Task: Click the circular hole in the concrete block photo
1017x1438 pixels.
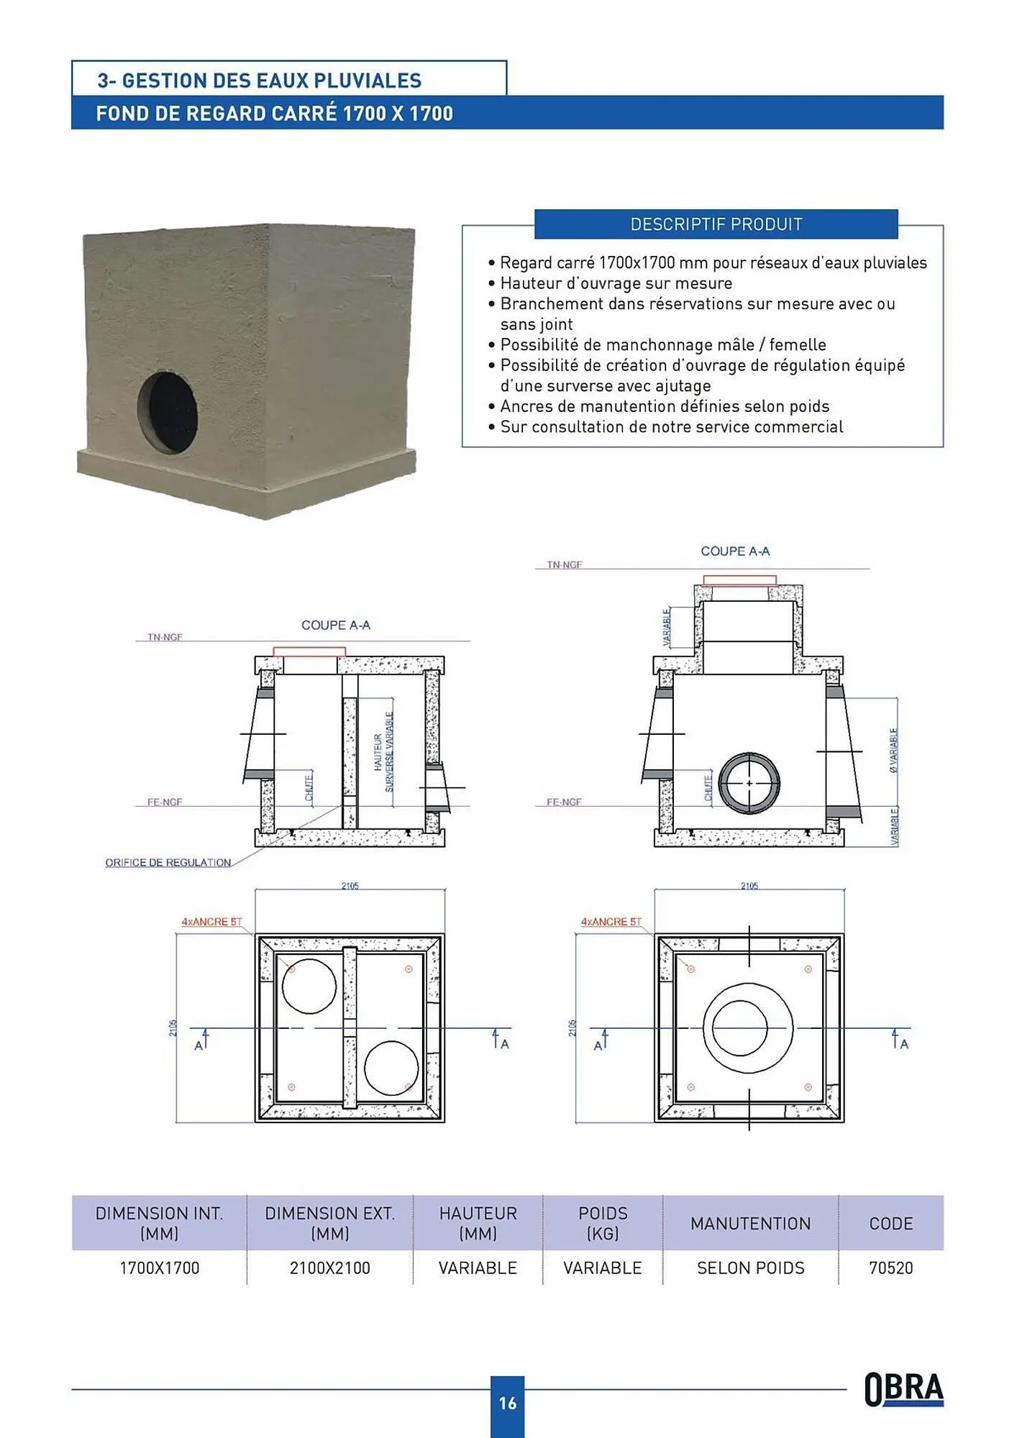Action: click(168, 412)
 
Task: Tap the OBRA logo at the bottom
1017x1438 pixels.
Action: click(903, 1388)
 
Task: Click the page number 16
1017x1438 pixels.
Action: click(507, 1403)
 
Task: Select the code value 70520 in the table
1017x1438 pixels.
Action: click(890, 1268)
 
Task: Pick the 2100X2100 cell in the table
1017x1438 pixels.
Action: click(329, 1268)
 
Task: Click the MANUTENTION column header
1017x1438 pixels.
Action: click(750, 1223)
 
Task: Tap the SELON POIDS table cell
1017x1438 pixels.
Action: click(750, 1268)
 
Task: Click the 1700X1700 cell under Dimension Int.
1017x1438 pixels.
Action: click(159, 1268)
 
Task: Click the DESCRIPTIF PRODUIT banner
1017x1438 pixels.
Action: click(716, 224)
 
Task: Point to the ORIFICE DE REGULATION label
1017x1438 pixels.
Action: click(168, 862)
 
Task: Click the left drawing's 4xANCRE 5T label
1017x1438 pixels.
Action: click(211, 921)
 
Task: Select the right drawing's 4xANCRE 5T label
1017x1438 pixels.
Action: click(611, 921)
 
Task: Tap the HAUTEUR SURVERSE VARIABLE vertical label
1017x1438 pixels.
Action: click(383, 752)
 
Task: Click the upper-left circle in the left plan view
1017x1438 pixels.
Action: click(309, 986)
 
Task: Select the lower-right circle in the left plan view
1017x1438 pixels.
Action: click(391, 1068)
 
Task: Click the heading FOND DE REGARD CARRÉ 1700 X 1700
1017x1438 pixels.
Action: click(274, 114)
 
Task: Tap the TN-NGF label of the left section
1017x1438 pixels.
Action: click(165, 637)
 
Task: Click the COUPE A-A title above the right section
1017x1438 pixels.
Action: click(734, 551)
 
